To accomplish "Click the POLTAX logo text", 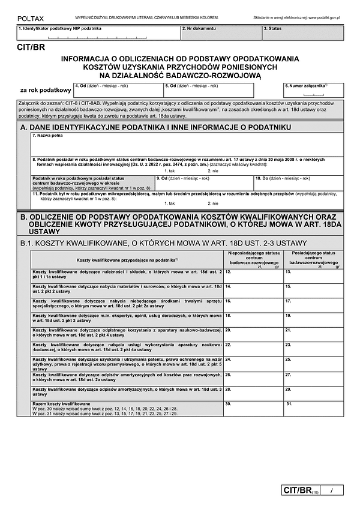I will click(29, 19).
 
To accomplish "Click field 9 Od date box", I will click(203, 182).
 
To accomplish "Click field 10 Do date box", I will click(298, 182).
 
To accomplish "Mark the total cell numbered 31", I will click(313, 409).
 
